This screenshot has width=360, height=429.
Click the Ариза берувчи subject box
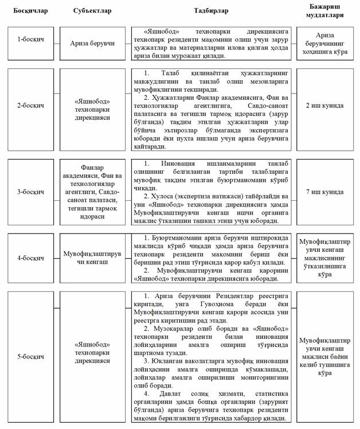92,44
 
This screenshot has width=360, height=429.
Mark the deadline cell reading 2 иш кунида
324,106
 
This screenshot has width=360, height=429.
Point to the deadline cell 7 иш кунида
324,192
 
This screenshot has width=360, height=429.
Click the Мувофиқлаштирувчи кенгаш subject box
92,258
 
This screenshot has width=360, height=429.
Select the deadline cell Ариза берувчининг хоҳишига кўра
324,44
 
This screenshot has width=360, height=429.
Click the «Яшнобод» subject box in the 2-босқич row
92,106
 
